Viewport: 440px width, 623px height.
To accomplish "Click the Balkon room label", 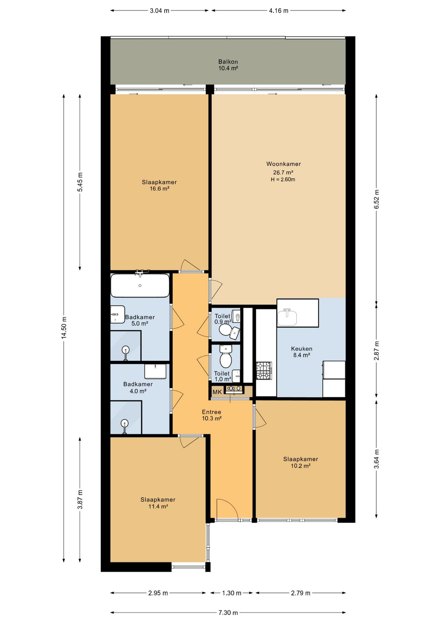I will point(228,62).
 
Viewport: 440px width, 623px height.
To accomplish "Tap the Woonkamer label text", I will point(283,164).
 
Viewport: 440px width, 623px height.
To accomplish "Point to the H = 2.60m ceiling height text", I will point(283,180).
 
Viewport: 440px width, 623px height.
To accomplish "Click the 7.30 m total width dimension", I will point(228,612).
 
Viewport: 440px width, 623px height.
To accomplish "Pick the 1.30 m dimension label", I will point(231,593).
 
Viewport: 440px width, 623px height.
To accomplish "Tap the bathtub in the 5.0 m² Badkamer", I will point(140,286).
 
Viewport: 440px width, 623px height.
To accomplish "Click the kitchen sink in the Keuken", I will point(287,317).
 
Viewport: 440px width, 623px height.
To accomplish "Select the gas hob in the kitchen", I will point(264,370).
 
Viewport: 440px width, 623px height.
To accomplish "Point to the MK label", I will point(217,392).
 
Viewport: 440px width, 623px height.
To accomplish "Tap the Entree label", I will point(212,412).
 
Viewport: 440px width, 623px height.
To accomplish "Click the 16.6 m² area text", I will point(159,189).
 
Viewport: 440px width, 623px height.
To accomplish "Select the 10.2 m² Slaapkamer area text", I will point(300,466).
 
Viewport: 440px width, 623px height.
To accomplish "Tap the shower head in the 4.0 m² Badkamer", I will point(125,423).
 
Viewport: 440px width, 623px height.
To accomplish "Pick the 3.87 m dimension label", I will point(80,500).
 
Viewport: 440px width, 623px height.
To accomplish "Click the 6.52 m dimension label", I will point(376,199).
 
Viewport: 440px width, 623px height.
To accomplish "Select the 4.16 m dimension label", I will point(278,11).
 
